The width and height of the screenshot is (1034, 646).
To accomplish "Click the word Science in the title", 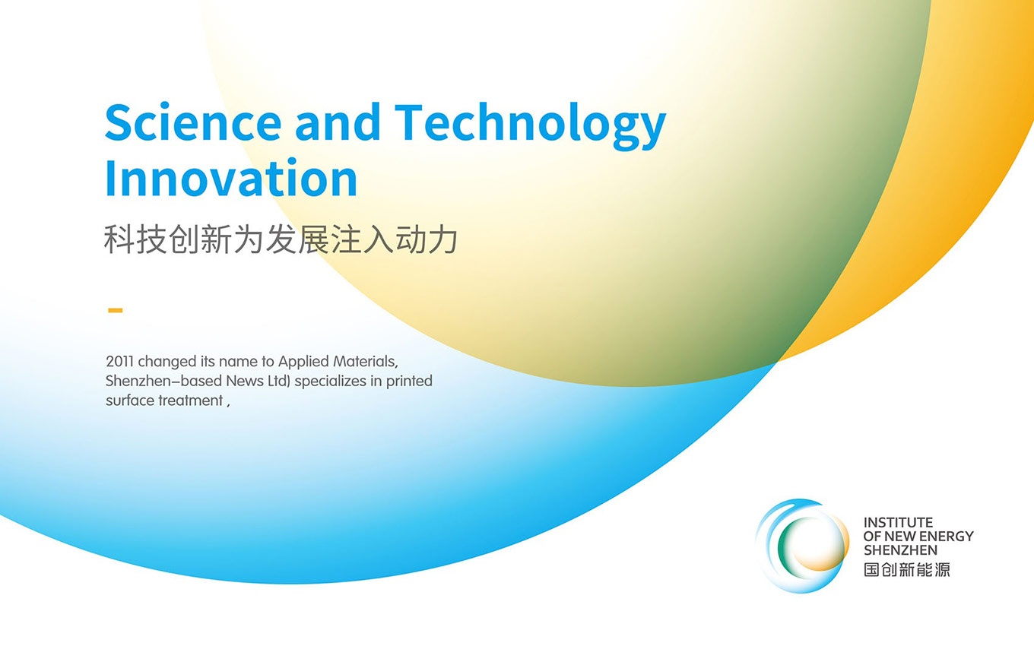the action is [x=193, y=122].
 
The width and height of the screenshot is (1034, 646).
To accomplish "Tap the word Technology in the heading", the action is [x=531, y=126].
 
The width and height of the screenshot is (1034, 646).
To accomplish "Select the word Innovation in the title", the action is [x=231, y=178].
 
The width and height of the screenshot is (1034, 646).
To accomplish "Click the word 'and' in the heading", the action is [x=338, y=122].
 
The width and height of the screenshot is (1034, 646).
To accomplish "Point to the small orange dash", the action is [x=116, y=311].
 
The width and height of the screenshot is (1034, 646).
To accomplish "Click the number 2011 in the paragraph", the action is [x=120, y=361].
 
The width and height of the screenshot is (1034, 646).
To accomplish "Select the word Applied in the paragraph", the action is [x=303, y=362].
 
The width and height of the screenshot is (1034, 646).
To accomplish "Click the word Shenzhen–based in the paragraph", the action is [x=164, y=382].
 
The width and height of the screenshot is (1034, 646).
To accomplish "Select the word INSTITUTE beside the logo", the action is [x=899, y=522].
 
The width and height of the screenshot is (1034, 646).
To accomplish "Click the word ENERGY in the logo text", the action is [x=947, y=537].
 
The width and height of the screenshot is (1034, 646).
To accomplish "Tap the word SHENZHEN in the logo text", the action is [x=901, y=550].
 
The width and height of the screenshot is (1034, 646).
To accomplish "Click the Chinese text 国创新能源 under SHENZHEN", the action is [x=907, y=569].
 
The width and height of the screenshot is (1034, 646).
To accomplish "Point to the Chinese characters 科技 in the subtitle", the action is [x=135, y=239].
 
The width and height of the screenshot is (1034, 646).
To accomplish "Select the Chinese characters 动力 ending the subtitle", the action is [x=427, y=239].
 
